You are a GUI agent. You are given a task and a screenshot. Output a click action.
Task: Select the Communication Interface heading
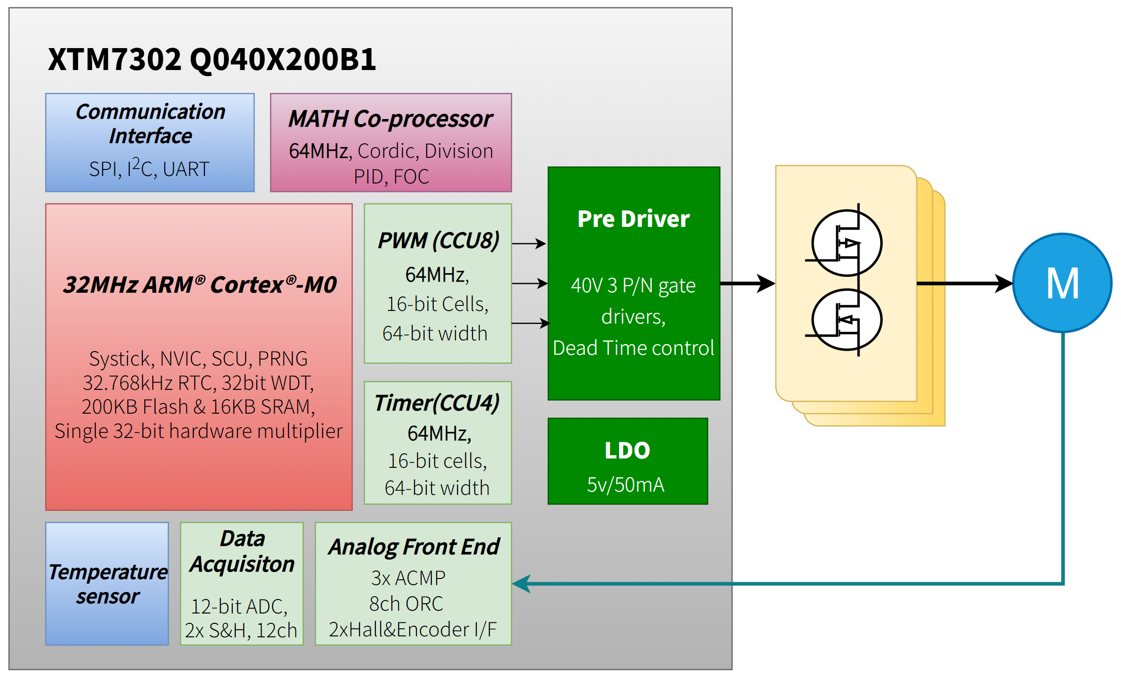pyautogui.click(x=150, y=124)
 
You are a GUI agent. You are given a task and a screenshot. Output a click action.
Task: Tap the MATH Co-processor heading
pyautogui.click(x=390, y=119)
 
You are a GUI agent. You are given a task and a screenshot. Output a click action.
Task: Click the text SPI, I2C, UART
pyautogui.click(x=149, y=169)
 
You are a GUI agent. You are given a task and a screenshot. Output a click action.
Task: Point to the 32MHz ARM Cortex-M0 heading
pyautogui.click(x=199, y=284)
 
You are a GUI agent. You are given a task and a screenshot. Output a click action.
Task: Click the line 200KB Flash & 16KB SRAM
pyautogui.click(x=198, y=407)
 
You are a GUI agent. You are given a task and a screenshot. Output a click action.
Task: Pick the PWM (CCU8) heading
pyautogui.click(x=438, y=240)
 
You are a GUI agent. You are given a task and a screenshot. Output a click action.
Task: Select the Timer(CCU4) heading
pyautogui.click(x=437, y=402)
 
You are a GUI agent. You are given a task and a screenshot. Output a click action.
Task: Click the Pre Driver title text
pyautogui.click(x=633, y=219)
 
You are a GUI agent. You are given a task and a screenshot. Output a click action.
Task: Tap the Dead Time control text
pyautogui.click(x=633, y=348)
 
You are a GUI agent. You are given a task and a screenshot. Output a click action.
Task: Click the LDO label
pyautogui.click(x=627, y=450)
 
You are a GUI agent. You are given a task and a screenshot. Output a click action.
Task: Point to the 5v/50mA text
pyautogui.click(x=625, y=485)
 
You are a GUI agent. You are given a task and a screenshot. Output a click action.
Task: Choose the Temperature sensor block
pyautogui.click(x=107, y=584)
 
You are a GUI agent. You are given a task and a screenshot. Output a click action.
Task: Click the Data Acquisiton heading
pyautogui.click(x=242, y=551)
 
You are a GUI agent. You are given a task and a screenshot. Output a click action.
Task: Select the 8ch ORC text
pyautogui.click(x=406, y=604)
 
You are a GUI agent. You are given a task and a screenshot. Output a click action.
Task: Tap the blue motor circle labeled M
pyautogui.click(x=1062, y=283)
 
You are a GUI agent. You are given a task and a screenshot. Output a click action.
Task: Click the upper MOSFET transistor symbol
pyautogui.click(x=846, y=243)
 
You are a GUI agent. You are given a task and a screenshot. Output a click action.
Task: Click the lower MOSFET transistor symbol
pyautogui.click(x=846, y=320)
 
